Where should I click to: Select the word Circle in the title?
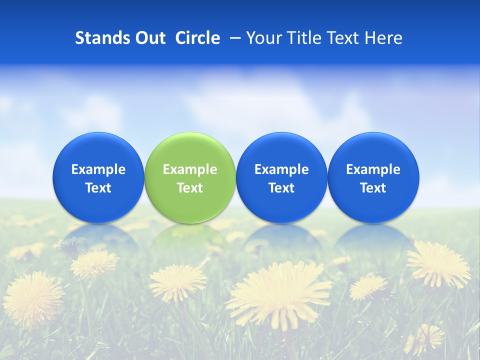197,38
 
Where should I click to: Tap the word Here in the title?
383,38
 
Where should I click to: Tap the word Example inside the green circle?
190,169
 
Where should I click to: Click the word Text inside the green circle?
190,188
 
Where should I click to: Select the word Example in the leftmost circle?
98,169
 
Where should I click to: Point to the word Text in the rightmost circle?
373,188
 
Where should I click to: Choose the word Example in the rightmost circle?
373,169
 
